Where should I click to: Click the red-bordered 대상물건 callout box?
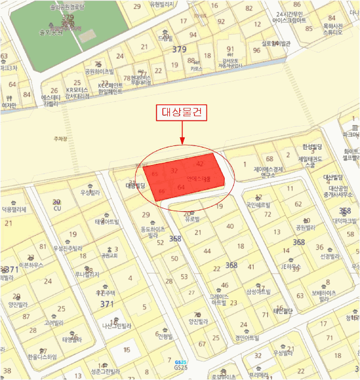click(x=182, y=112)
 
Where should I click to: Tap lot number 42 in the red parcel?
click(x=200, y=163)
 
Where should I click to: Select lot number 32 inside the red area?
click(x=174, y=170)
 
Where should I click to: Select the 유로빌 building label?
click(x=192, y=219)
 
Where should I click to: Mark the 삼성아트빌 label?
click(x=258, y=292)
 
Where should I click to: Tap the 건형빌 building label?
click(x=165, y=337)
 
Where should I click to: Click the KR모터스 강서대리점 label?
click(x=78, y=92)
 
